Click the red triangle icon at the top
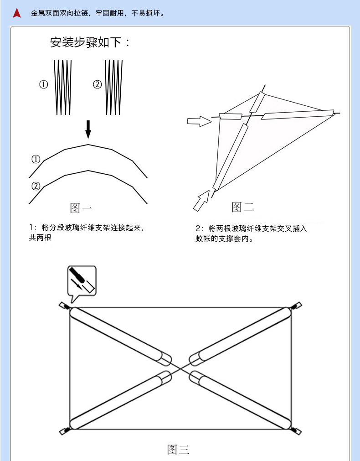click(17, 13)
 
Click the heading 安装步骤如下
click(90, 43)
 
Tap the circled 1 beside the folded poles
click(44, 84)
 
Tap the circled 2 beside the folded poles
click(97, 84)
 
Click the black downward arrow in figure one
click(88, 129)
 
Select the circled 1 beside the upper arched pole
click(36, 159)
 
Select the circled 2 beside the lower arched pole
click(36, 186)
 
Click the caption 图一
click(81, 208)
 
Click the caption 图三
click(178, 450)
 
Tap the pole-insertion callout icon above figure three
click(82, 280)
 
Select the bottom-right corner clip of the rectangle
click(296, 430)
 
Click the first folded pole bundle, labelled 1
click(63, 87)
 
